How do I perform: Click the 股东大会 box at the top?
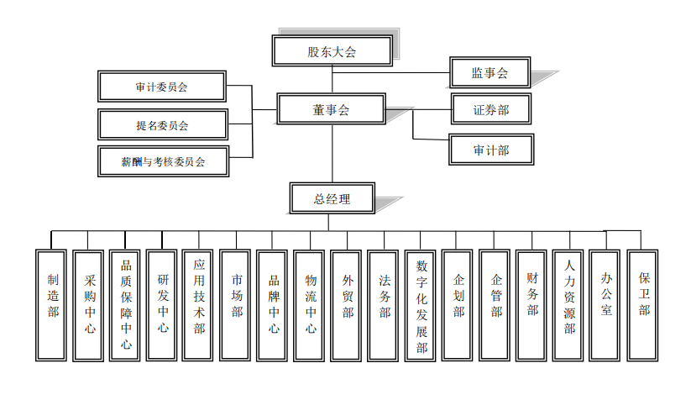coord(332,51)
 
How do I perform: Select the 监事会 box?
coord(490,73)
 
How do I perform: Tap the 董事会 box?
coord(332,109)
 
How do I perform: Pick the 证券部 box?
coord(490,109)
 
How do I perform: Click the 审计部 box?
coord(490,150)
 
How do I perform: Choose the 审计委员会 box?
coord(161,86)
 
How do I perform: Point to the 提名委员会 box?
coord(161,124)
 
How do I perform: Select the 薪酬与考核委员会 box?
coord(161,161)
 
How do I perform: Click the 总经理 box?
coord(332,199)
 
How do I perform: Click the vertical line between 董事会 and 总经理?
coord(332,154)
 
